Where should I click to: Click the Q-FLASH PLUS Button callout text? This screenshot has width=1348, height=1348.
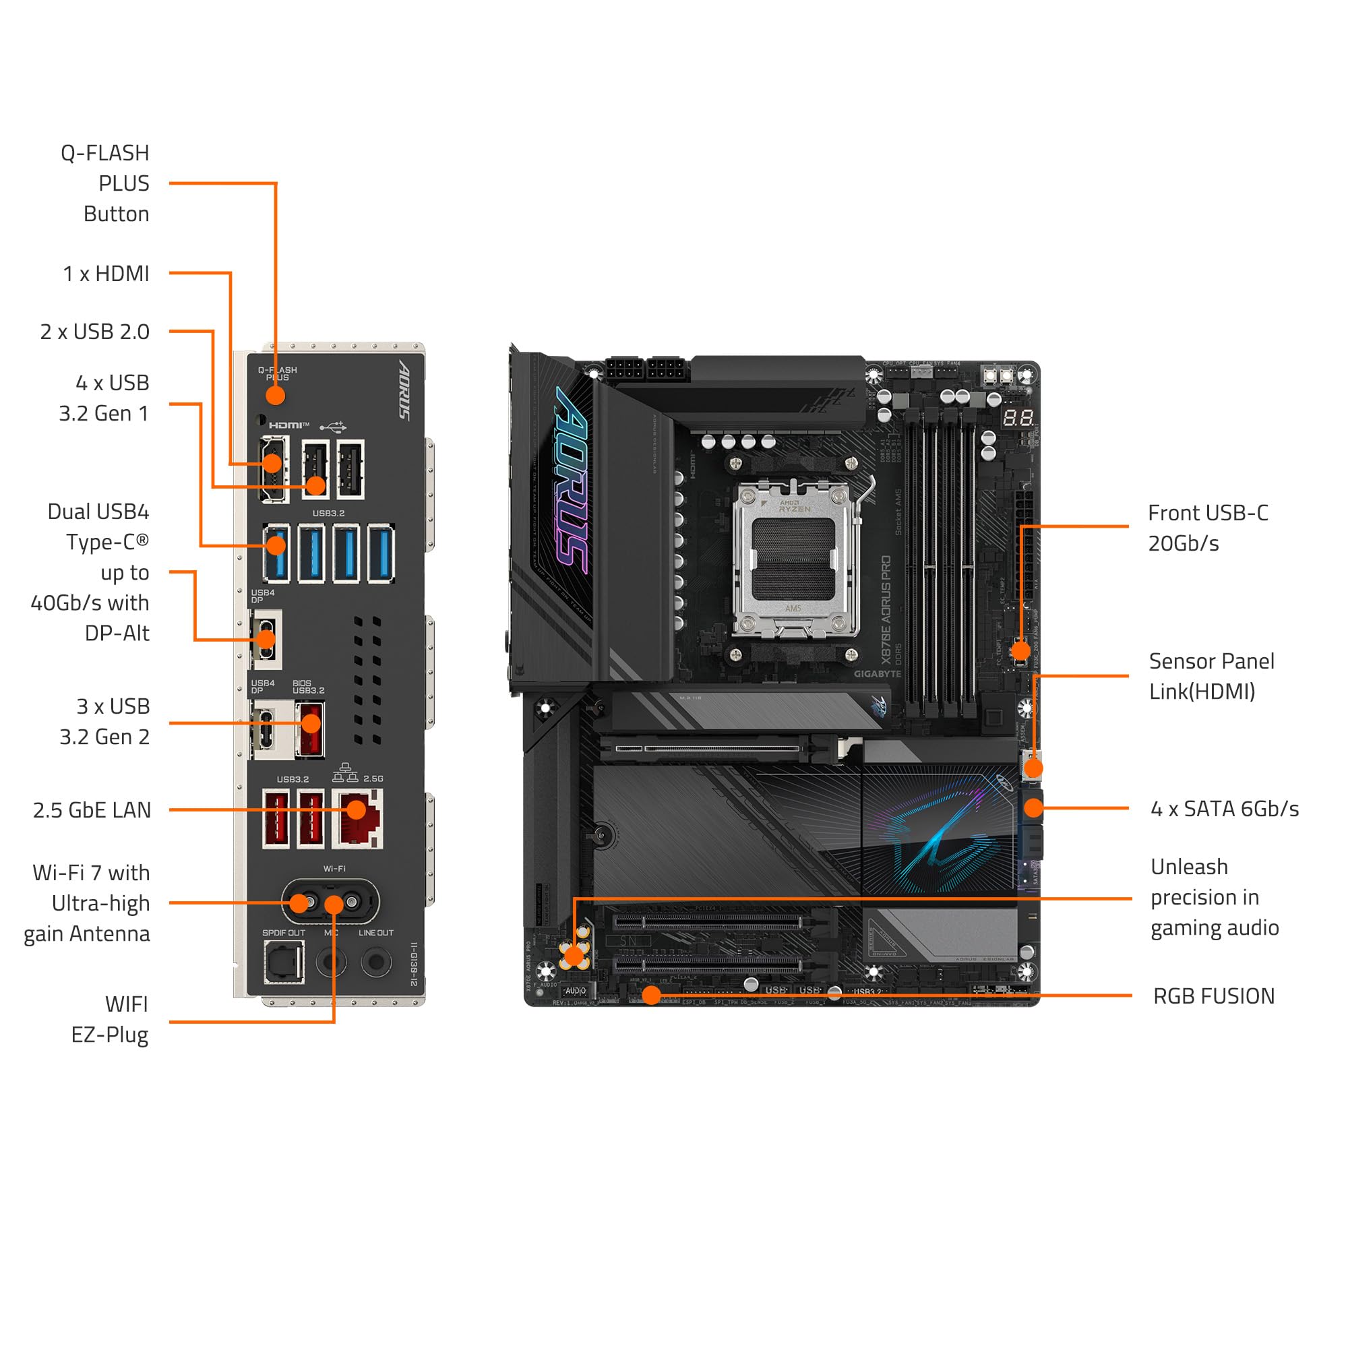tap(106, 183)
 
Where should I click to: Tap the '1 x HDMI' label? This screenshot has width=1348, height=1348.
tap(106, 274)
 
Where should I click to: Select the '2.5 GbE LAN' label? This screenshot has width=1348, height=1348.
tap(92, 810)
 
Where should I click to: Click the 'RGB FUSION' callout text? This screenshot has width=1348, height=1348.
tap(1213, 995)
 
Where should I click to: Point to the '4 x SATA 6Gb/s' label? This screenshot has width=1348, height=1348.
tap(1225, 809)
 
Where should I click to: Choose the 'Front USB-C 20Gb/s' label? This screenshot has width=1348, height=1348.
tap(1208, 528)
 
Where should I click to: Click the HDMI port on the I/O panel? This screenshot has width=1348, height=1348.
tap(274, 469)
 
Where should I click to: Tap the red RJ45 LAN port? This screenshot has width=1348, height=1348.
tap(357, 818)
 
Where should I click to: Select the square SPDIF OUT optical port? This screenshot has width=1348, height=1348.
tap(284, 962)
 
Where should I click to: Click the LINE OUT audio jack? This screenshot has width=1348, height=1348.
tap(376, 962)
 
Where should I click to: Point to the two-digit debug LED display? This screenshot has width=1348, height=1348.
tap(1018, 419)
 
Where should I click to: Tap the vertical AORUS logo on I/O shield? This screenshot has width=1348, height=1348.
tap(404, 390)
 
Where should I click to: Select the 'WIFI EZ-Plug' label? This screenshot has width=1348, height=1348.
tap(111, 1019)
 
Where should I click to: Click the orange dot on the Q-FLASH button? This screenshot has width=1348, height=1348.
tap(276, 396)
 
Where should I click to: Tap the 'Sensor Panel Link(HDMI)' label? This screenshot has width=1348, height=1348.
tap(1211, 676)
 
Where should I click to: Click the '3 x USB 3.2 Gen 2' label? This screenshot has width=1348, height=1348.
tap(104, 721)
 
